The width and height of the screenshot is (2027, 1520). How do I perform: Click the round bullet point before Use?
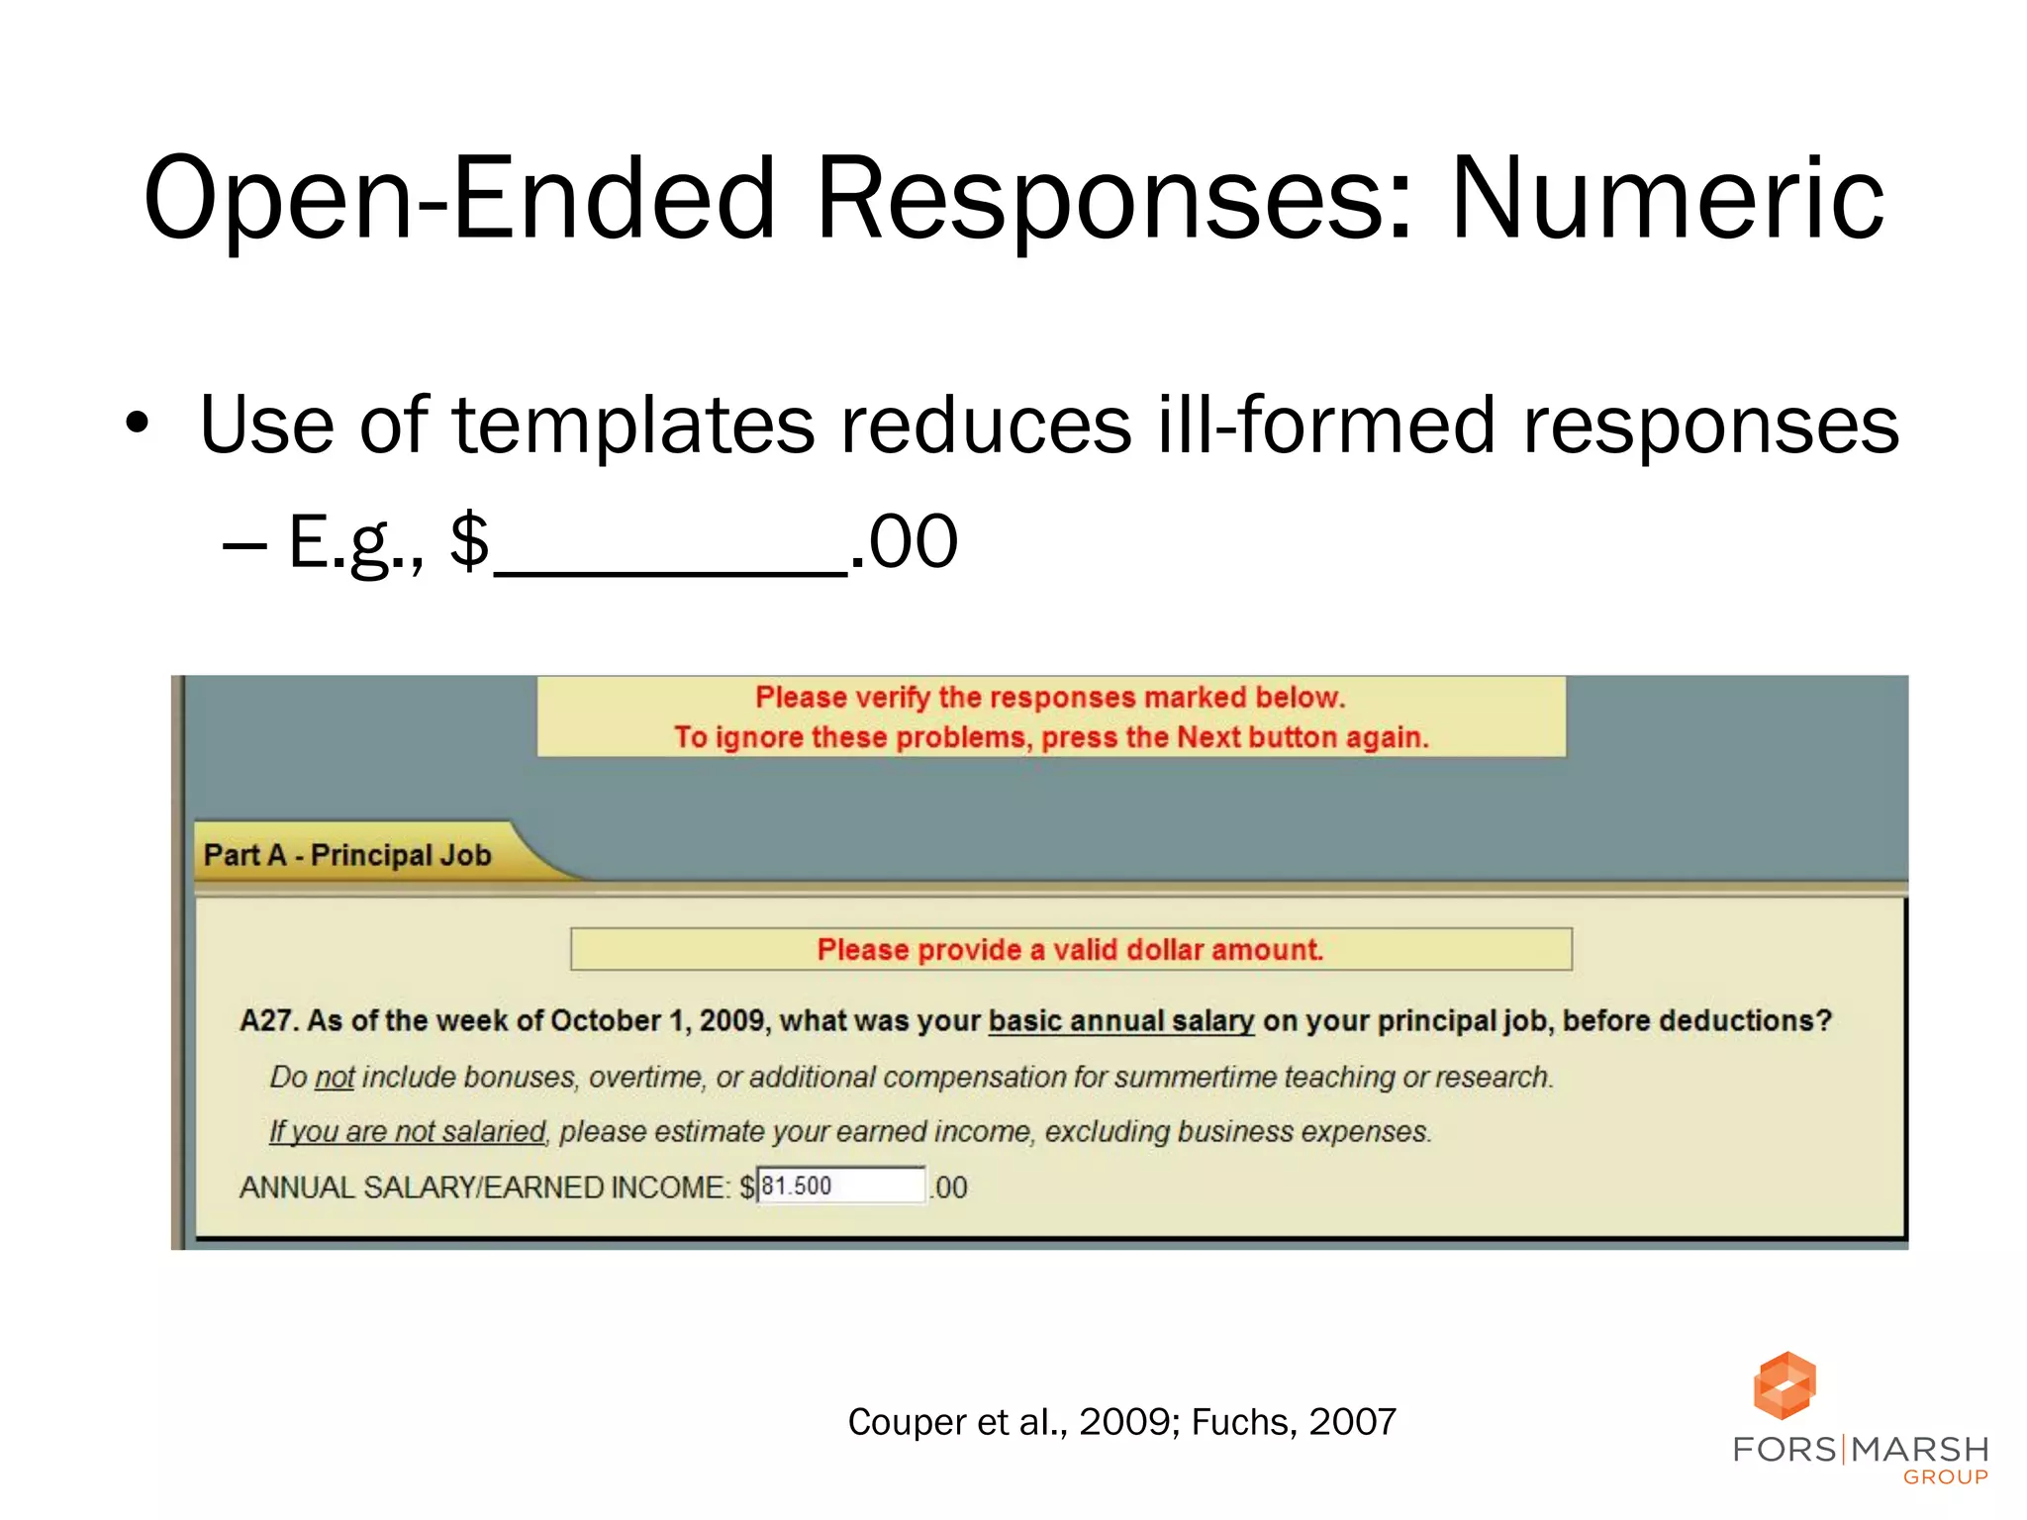138,425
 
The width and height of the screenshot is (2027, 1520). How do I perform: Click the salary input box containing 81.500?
841,1186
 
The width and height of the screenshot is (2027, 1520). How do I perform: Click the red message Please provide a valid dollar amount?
1070,950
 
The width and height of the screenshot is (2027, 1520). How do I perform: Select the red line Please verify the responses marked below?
1050,698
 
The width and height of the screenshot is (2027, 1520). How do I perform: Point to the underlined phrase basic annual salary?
1121,1021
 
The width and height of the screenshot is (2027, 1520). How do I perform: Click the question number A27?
268,1021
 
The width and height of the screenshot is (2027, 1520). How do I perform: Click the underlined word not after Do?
335,1078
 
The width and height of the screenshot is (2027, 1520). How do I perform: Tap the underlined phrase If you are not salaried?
407,1132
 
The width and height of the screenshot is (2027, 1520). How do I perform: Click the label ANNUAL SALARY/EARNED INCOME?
485,1187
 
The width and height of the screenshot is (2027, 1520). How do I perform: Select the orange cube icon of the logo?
1785,1385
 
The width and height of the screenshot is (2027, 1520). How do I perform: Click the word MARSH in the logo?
1920,1450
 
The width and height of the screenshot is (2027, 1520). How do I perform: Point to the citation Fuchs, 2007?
1294,1422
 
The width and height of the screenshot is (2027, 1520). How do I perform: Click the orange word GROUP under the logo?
1946,1477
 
